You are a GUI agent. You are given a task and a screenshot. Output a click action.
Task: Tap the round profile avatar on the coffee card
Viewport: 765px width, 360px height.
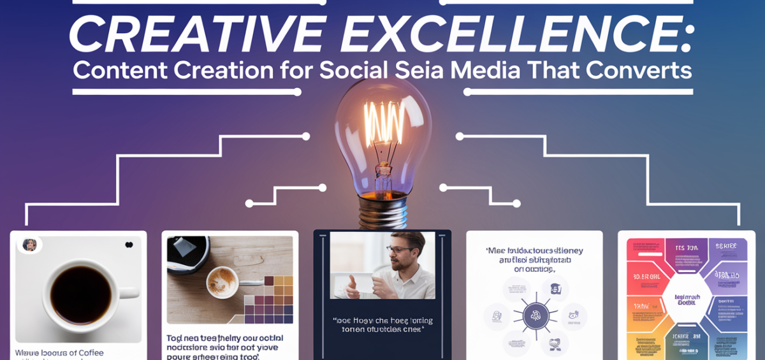pos(29,245)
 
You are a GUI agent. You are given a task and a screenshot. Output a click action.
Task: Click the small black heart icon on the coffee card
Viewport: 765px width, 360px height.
pos(129,245)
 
